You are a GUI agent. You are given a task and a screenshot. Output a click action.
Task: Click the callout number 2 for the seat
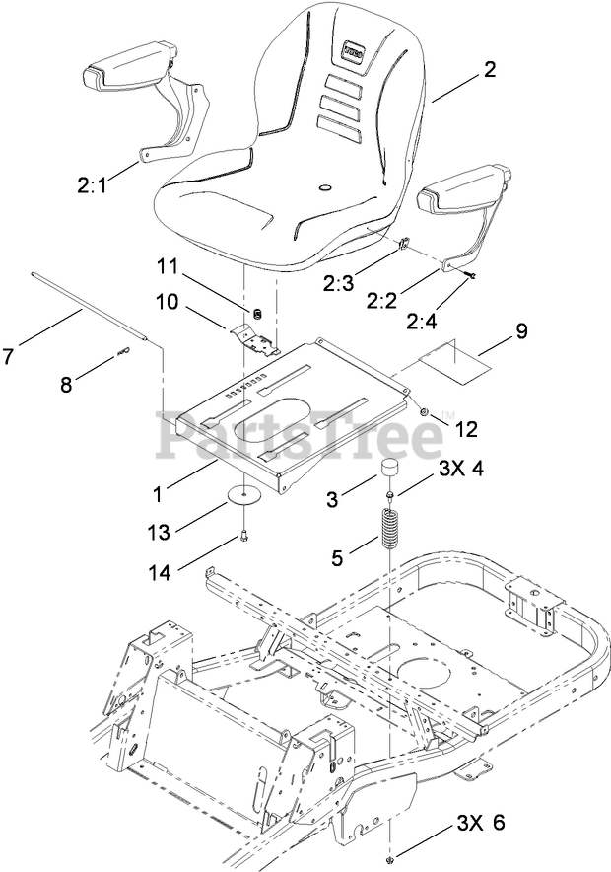(490, 71)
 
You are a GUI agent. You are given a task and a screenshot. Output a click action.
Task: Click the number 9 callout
(519, 331)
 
